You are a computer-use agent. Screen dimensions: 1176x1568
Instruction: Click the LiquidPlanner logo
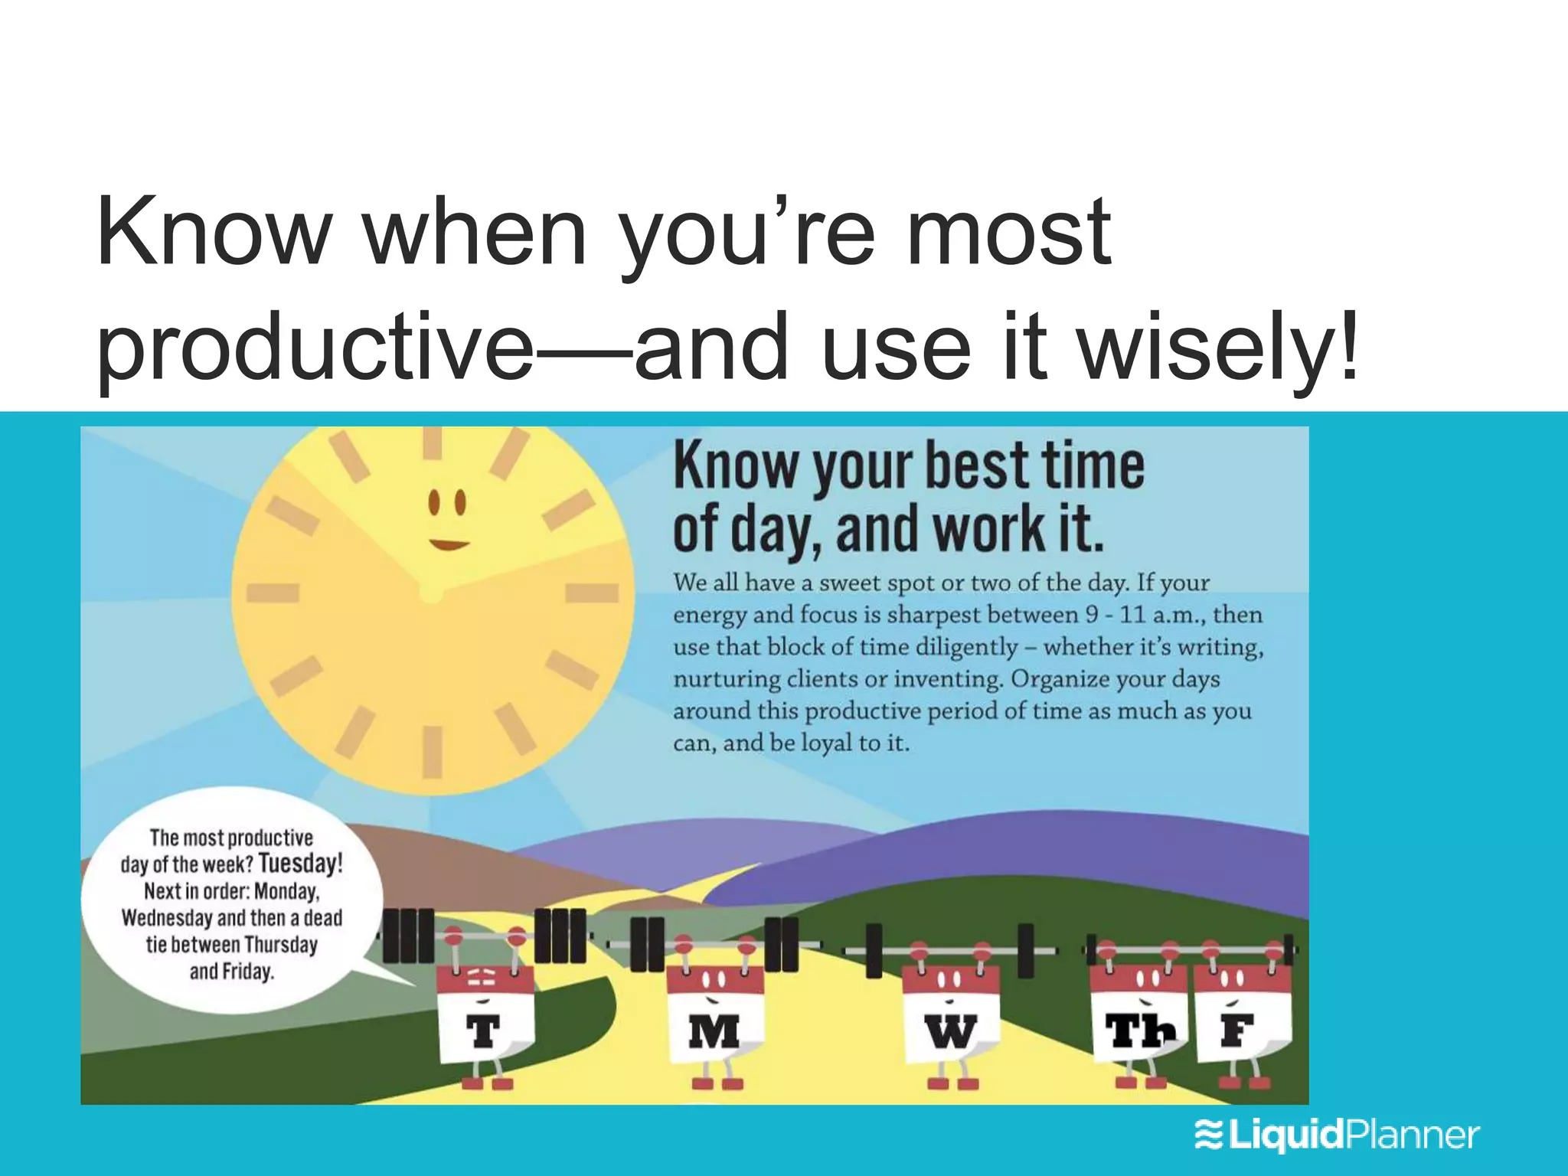1336,1135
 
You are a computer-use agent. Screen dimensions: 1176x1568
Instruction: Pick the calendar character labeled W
950,1022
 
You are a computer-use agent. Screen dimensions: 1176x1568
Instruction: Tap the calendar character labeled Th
1138,1022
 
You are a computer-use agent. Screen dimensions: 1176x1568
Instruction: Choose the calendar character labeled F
1242,1022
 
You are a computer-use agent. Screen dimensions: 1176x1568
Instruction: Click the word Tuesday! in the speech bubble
300,864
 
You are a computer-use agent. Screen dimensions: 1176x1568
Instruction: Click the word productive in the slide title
314,346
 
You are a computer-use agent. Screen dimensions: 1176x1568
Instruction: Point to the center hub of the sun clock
432,593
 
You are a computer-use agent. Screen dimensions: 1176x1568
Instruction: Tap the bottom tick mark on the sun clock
433,752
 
